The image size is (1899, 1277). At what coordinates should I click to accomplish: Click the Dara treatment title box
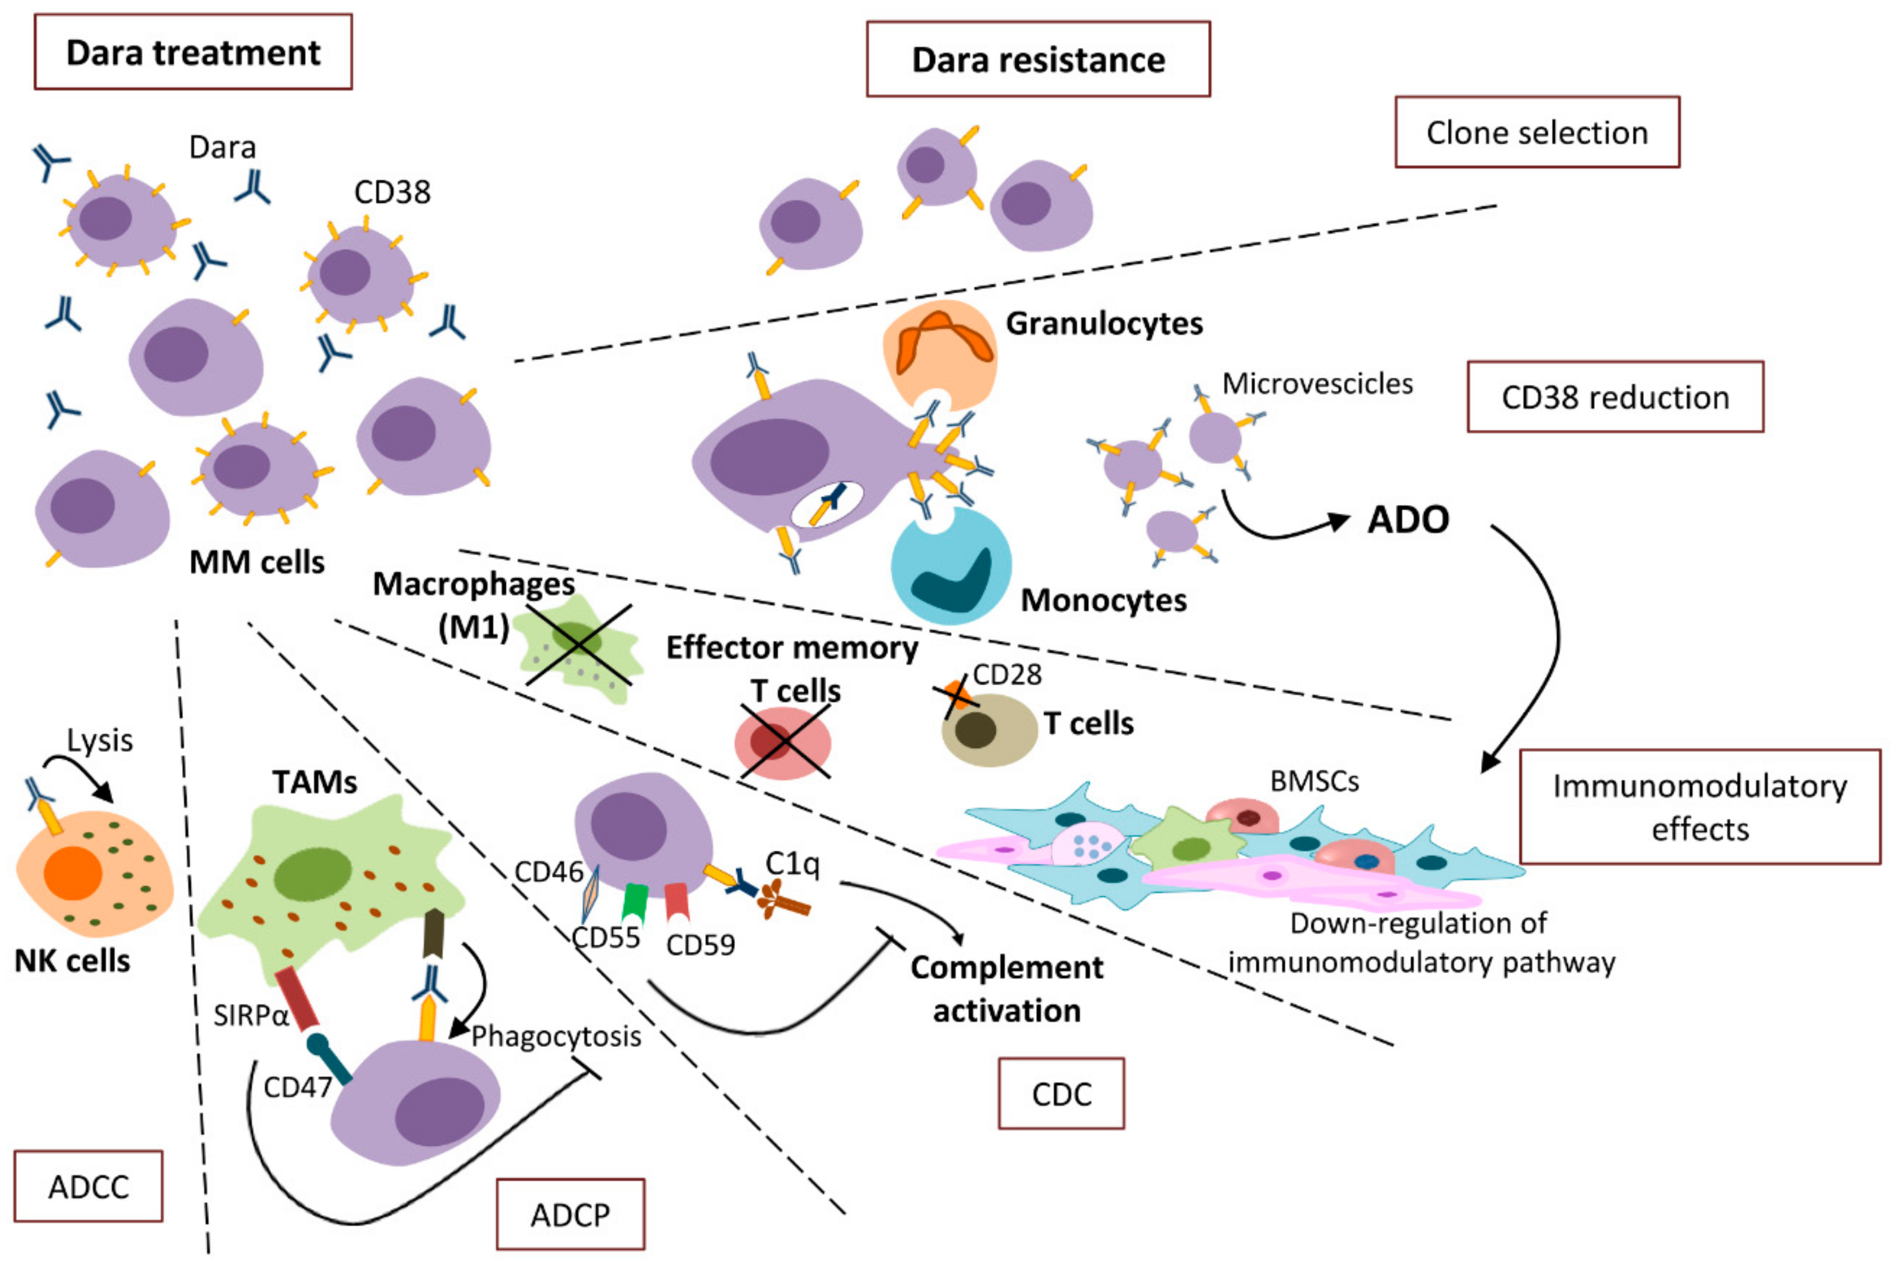[193, 52]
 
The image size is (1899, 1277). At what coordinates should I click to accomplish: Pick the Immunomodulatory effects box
[1700, 807]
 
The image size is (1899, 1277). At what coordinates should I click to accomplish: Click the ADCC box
[88, 1186]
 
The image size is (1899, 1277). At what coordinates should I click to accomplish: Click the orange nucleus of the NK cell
[73, 873]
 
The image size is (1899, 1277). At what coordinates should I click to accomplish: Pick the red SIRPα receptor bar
[296, 998]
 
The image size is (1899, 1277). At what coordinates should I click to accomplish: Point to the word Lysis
[99, 740]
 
